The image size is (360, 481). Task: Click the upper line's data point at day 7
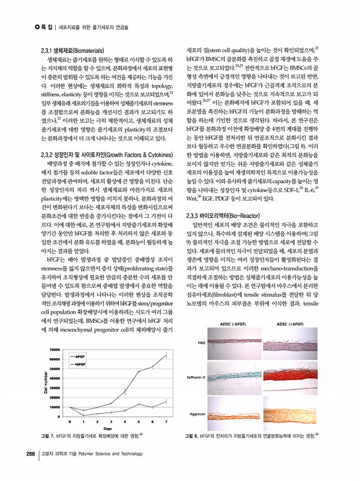pyautogui.click(x=166, y=355)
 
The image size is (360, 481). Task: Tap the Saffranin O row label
pyautogui.click(x=197, y=377)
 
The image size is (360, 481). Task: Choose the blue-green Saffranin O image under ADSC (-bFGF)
pyautogui.click(x=236, y=377)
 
